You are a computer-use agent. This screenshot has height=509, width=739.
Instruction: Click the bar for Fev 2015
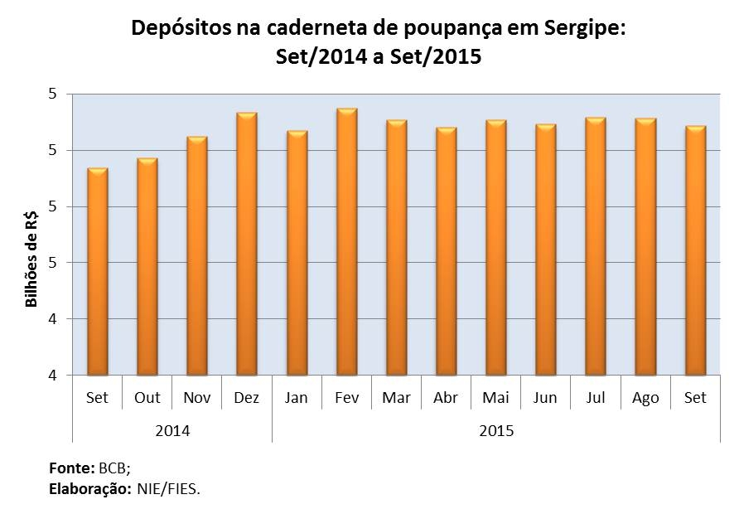[346, 242]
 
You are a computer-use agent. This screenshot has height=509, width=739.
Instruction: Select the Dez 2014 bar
[247, 244]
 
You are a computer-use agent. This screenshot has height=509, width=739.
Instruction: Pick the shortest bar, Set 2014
[98, 272]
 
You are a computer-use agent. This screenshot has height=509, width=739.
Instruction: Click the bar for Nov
[197, 256]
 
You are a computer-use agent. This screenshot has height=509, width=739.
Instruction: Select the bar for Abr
[446, 251]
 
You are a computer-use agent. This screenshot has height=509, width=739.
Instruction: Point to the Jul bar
[596, 246]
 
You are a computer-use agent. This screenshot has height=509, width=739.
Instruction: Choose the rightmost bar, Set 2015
[695, 250]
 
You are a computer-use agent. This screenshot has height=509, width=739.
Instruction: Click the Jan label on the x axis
[296, 398]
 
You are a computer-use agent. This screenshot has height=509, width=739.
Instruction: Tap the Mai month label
[495, 398]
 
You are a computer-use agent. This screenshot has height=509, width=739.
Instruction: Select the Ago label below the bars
[645, 398]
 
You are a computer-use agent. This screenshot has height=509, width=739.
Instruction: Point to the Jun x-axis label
[545, 398]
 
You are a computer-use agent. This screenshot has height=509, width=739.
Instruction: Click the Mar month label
[396, 398]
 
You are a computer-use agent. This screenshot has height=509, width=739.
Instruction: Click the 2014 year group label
[172, 431]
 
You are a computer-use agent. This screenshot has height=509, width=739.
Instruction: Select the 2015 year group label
[496, 431]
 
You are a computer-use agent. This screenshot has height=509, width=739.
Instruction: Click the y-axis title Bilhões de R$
[32, 259]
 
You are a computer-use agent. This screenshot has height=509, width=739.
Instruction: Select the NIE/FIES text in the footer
[169, 488]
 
